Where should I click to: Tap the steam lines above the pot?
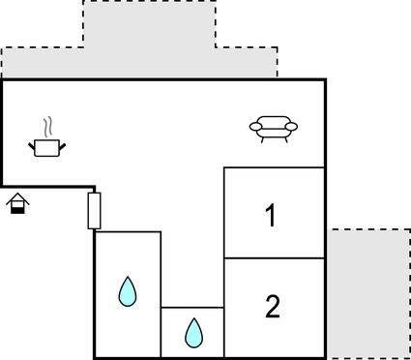tap(47, 128)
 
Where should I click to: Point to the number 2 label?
tap(272, 308)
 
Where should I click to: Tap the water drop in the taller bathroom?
tap(127, 291)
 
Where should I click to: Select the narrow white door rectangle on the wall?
tap(94, 210)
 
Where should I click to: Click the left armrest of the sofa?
tap(255, 127)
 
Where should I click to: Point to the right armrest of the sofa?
tap(292, 127)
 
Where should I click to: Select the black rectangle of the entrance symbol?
tap(17, 209)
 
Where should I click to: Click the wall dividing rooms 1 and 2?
tap(274, 258)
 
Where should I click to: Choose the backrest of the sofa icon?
tap(274, 120)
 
